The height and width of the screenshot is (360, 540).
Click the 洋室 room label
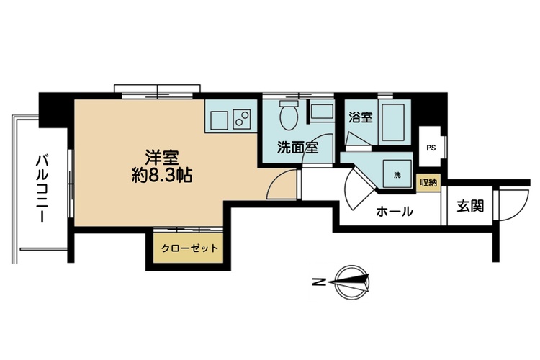[x=162, y=158]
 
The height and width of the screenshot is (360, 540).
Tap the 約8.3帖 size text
[x=162, y=176]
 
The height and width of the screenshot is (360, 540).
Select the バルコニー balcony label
[x=42, y=189]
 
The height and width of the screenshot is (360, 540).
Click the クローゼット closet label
[x=190, y=248]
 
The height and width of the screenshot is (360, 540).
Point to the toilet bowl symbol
[x=288, y=115]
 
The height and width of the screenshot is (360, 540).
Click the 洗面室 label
[x=297, y=148]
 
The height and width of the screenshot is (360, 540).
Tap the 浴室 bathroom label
[x=361, y=117]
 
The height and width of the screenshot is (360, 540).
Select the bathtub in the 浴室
[x=394, y=122]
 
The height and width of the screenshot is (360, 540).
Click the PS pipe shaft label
[x=431, y=148]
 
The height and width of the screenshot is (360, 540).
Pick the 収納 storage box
[x=428, y=183]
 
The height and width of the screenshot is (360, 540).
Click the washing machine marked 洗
[x=397, y=174]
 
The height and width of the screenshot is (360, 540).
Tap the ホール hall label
[x=395, y=211]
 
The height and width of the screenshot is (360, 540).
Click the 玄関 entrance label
[x=470, y=207]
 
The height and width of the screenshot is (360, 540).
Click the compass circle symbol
[x=352, y=282]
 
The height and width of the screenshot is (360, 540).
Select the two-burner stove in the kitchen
[x=242, y=120]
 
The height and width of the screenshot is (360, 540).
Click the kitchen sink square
[x=218, y=120]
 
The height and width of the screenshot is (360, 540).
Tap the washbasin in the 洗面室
[x=322, y=112]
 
